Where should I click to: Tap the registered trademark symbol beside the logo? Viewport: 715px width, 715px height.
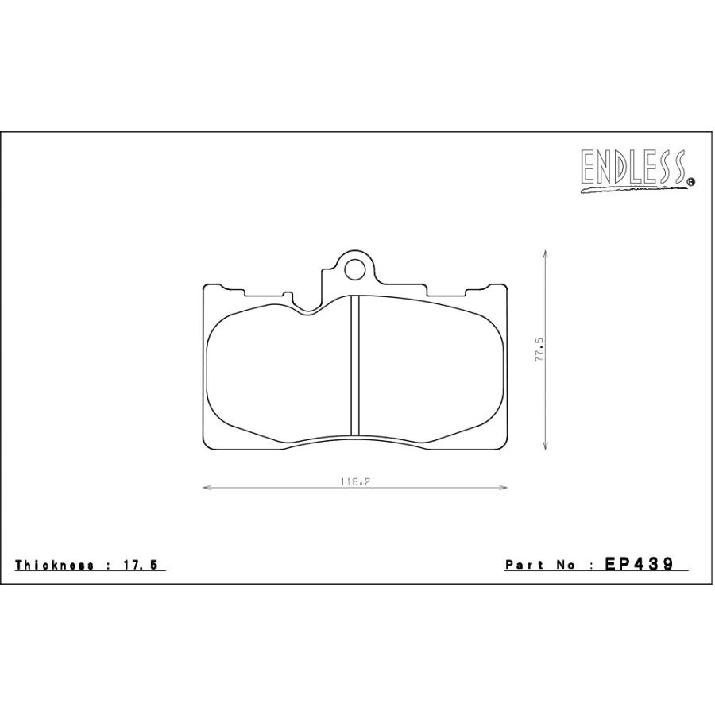(x=690, y=181)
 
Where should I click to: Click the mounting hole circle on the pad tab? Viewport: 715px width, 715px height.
(x=355, y=270)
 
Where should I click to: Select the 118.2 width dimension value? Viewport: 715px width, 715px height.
(x=354, y=481)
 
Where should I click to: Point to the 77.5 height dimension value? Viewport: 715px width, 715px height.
(x=540, y=350)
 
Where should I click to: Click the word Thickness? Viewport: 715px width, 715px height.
(x=54, y=565)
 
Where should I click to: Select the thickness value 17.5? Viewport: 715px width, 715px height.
(x=139, y=565)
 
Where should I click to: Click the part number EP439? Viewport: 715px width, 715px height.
(x=639, y=565)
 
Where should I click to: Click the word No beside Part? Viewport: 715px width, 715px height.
(x=566, y=565)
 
